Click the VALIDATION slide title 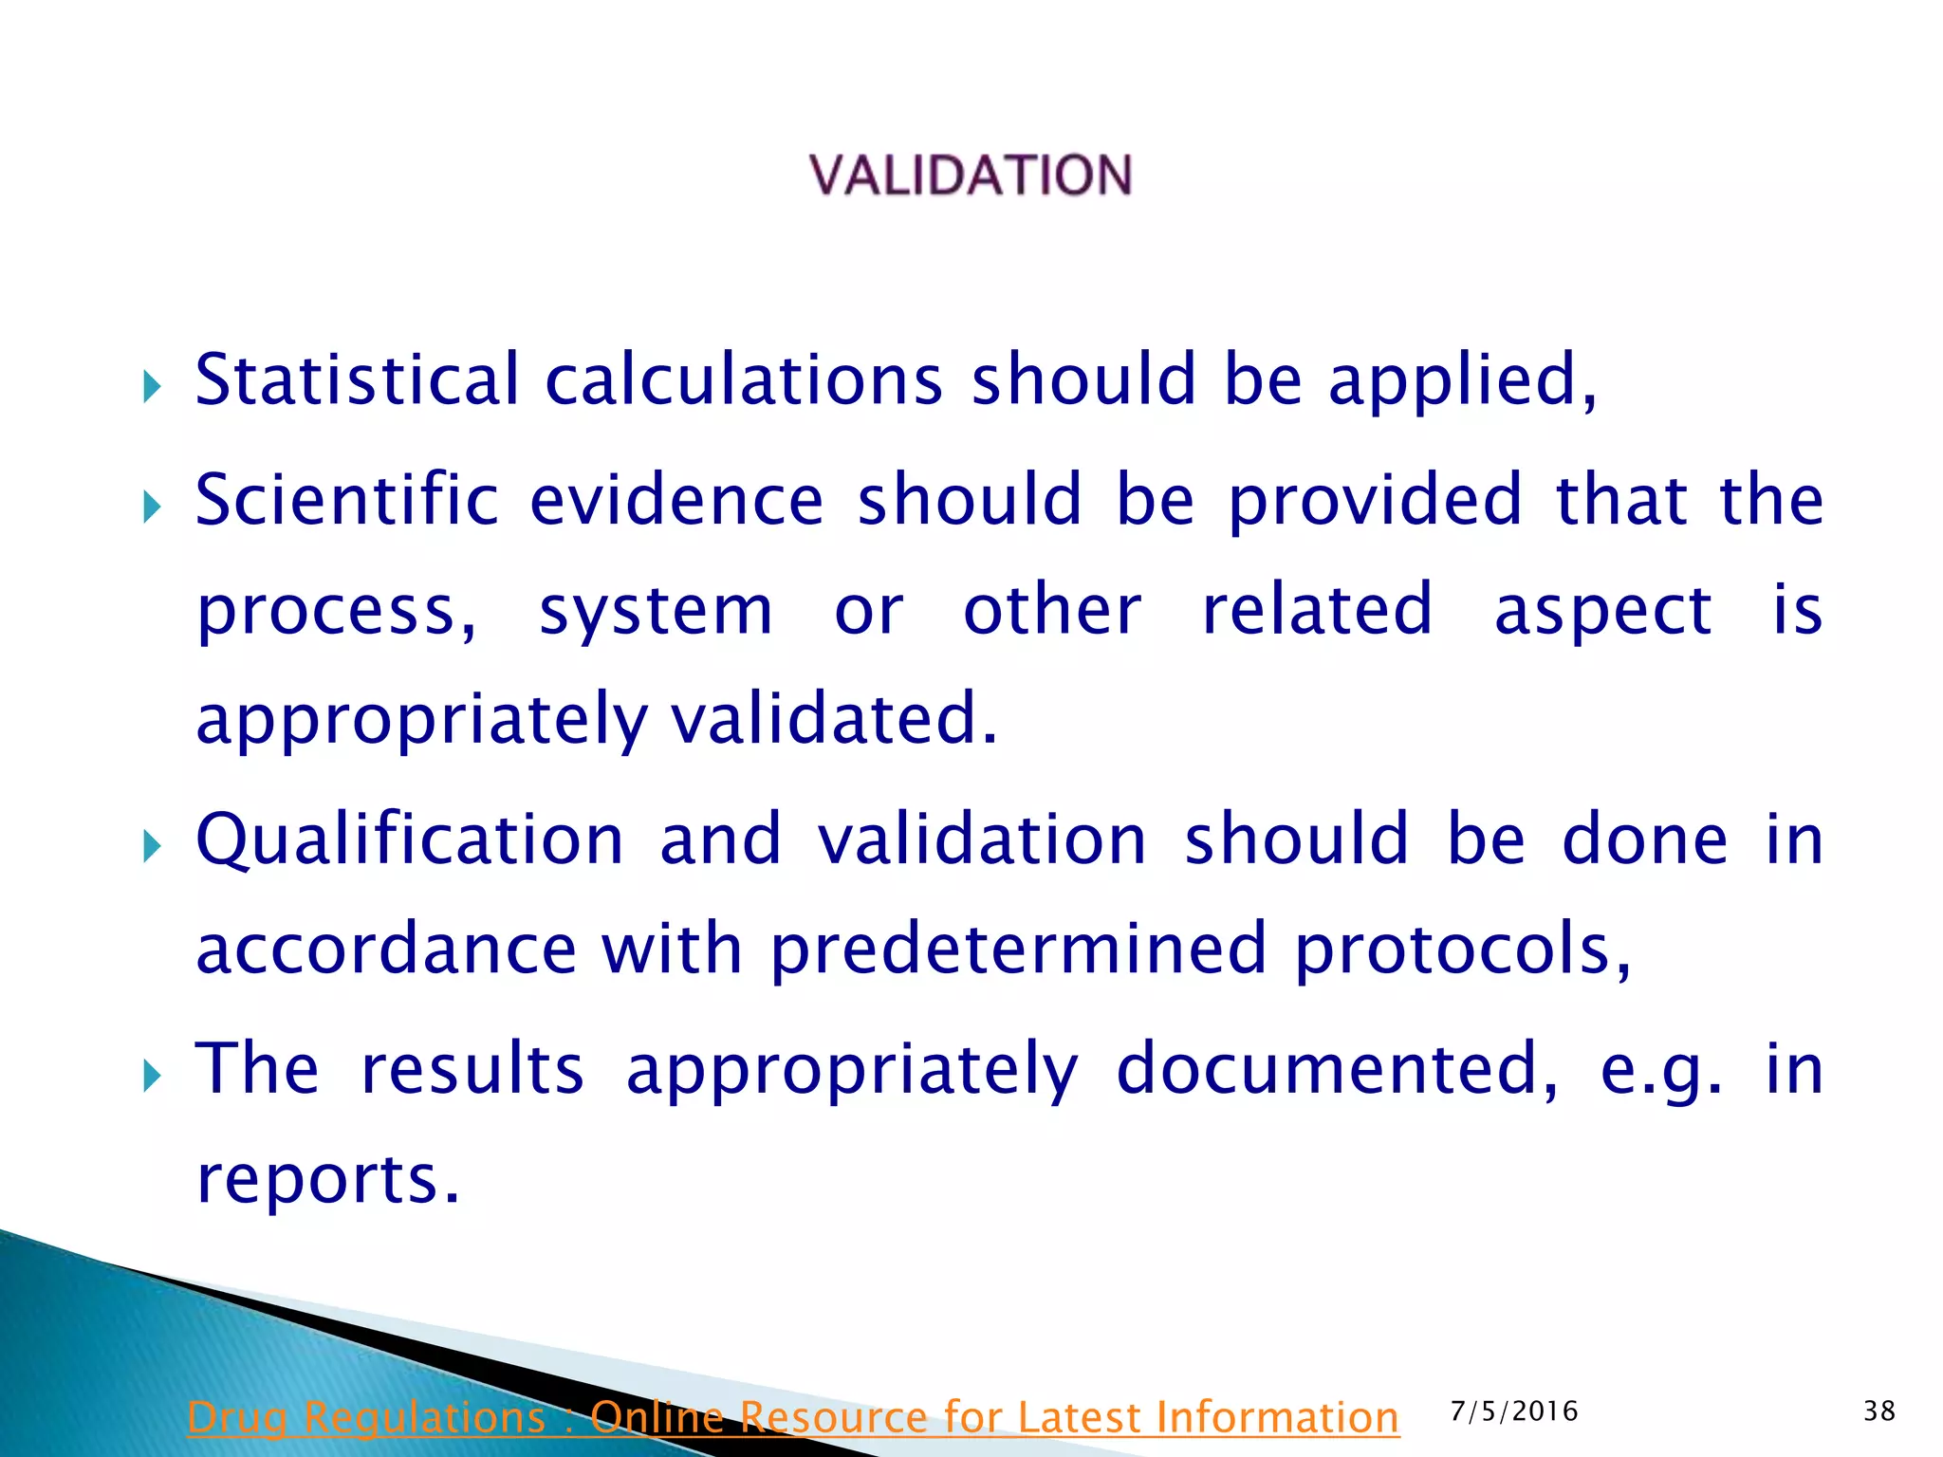971,176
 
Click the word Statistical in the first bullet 357,379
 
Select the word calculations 743,379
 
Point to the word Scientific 346,500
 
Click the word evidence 675,500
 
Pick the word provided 1375,502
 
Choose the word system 656,612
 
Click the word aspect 1602,612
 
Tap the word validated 833,718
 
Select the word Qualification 409,840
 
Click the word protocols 1462,950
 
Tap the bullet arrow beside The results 152,1076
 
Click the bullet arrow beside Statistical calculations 152,386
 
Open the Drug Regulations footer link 793,1417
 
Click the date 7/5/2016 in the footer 1514,1411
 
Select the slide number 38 1879,1411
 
